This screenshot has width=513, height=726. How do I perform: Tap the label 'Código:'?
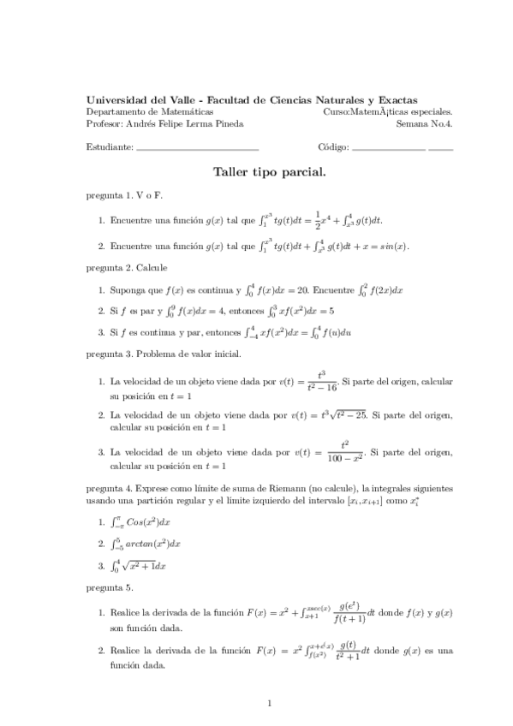tap(333, 146)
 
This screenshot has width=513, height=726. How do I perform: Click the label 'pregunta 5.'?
tap(110, 588)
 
